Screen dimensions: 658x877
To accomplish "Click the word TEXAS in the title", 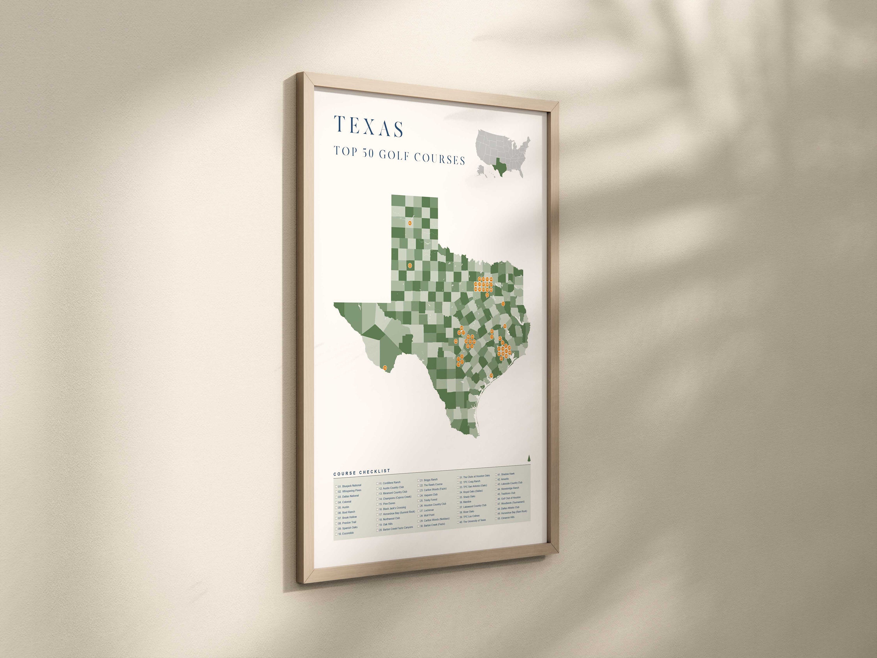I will point(369,127).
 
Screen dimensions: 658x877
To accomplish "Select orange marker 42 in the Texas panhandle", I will point(410,223).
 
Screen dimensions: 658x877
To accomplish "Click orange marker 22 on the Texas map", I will point(410,265).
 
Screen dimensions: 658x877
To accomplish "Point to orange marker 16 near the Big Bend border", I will point(385,368).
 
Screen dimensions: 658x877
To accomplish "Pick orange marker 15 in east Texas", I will point(503,304).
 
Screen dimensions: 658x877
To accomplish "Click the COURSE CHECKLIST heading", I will point(362,472).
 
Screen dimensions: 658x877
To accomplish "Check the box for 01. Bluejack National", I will point(336,486).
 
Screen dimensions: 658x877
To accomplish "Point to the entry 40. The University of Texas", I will point(474,520).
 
